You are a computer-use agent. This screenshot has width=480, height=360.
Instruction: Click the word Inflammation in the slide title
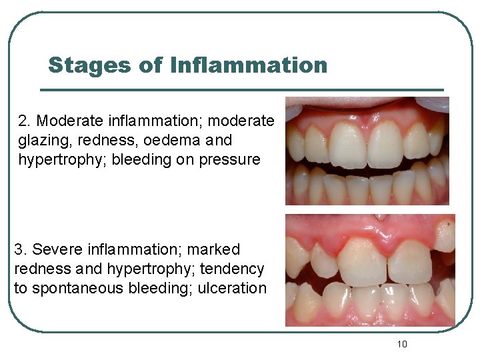point(249,65)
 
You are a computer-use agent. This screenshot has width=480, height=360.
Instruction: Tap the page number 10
point(401,344)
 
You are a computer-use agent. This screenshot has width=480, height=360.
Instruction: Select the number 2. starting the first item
point(25,121)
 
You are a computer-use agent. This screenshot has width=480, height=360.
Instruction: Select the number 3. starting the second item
point(21,250)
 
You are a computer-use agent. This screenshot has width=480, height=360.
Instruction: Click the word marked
point(213,250)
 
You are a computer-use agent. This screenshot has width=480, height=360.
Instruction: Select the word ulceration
point(233,289)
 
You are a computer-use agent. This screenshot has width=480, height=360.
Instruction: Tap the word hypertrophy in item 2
point(55,160)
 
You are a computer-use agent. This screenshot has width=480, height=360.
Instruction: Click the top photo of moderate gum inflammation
point(367,151)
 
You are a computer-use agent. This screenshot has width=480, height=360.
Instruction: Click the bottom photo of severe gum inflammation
point(369,270)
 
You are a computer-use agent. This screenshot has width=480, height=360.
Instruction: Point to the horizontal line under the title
point(241,89)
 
